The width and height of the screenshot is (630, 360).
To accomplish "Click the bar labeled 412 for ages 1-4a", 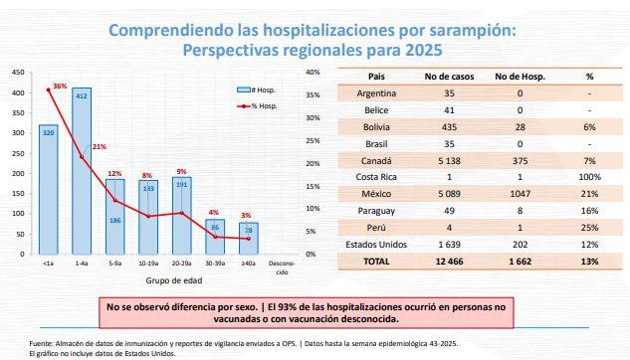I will pyautogui.click(x=82, y=169).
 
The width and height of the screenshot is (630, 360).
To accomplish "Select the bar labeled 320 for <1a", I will pyautogui.click(x=48, y=189).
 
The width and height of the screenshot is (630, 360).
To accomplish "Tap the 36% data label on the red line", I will pyautogui.click(x=60, y=87).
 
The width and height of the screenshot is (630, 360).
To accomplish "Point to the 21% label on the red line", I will pyautogui.click(x=99, y=147).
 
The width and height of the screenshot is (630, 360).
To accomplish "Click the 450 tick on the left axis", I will pyautogui.click(x=17, y=73).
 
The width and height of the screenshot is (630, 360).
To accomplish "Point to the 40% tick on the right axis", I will pyautogui.click(x=312, y=73).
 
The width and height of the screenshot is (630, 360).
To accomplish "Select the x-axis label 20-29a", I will pyautogui.click(x=183, y=265).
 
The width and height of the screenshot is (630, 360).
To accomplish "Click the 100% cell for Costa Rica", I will pyautogui.click(x=590, y=177).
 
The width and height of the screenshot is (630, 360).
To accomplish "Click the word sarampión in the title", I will pyautogui.click(x=439, y=31).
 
